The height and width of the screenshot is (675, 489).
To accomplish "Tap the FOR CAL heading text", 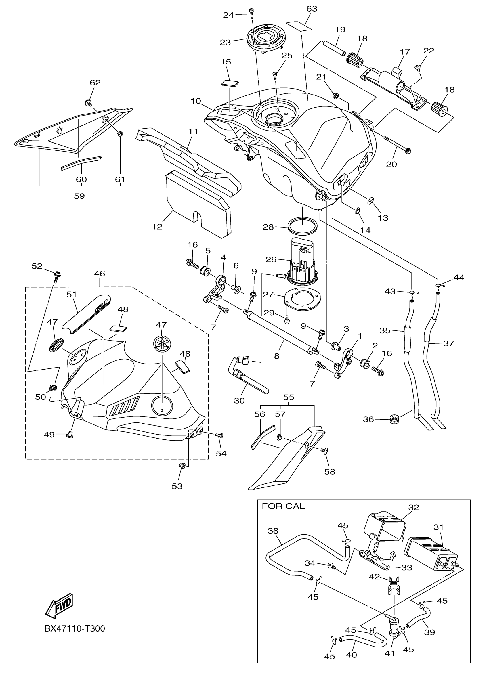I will tap(283, 506).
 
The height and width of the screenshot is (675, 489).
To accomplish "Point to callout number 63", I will tap(312, 9).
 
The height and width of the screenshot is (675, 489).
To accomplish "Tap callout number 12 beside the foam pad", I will tap(157, 227).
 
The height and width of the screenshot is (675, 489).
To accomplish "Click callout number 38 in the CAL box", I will tap(273, 531).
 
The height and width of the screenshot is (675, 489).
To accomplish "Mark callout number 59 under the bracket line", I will tap(79, 196).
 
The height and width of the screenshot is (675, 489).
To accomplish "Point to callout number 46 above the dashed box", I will tap(100, 273).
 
